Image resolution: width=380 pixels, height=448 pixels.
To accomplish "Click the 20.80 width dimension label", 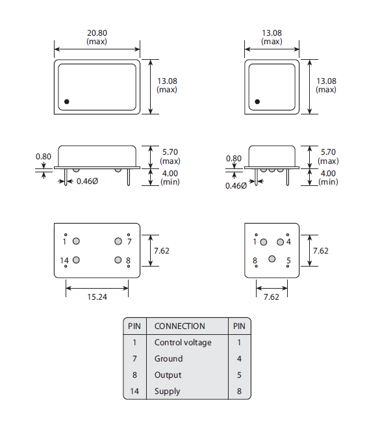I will (96, 33).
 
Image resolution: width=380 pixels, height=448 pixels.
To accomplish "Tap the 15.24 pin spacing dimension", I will (97, 297).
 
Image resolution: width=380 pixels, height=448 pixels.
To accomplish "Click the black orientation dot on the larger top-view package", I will (66, 101).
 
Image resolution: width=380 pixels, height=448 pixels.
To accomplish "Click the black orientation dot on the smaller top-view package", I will (257, 101).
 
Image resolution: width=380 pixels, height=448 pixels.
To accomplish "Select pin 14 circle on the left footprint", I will (76, 261).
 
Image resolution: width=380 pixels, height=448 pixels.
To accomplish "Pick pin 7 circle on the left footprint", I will (118, 241).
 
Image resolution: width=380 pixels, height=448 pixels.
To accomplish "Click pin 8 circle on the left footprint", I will (118, 261).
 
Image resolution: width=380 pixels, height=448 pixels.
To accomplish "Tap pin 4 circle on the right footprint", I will (280, 242).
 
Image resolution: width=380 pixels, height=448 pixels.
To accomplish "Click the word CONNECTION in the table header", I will (179, 326).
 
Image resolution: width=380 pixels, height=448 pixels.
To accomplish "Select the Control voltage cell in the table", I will (183, 343).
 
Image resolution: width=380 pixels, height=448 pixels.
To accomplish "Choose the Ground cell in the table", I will (168, 359).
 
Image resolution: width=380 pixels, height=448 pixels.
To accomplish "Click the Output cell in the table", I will (168, 375).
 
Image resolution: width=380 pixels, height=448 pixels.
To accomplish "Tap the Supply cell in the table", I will (167, 391).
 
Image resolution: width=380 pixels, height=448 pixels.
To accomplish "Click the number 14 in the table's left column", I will (134, 391).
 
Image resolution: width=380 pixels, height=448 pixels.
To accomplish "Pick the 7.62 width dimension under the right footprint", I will (272, 297).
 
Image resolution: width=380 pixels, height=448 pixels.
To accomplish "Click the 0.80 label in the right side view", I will (233, 159).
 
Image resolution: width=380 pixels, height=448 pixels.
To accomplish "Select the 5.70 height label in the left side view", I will (170, 152).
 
